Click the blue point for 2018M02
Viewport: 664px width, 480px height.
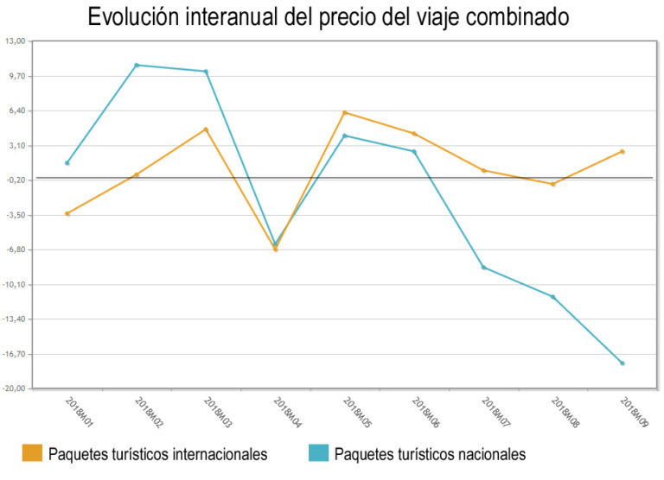(137, 66)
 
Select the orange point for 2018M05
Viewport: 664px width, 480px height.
(345, 112)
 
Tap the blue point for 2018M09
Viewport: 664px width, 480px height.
(622, 363)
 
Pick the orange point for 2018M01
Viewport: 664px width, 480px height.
(67, 213)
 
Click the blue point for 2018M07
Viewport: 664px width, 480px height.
(483, 268)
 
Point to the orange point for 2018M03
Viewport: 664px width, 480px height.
(206, 129)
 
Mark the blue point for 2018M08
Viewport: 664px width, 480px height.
(553, 297)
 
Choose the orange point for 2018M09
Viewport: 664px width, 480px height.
(622, 152)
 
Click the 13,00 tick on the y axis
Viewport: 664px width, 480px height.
(16, 41)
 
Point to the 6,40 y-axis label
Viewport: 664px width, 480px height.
(17, 111)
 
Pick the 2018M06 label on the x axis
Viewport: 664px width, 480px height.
(426, 414)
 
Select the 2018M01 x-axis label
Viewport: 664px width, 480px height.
(80, 414)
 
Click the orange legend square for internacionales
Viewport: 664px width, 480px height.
(31, 454)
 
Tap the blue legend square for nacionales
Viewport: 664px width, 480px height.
(317, 454)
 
